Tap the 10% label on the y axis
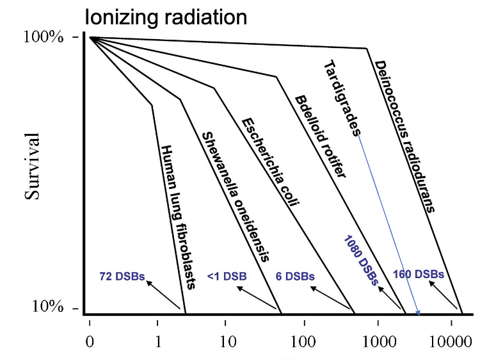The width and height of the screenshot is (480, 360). [48, 308]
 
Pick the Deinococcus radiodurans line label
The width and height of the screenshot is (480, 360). [404, 135]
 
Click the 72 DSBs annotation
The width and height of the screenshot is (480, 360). [122, 277]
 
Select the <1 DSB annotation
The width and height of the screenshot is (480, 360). [227, 277]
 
